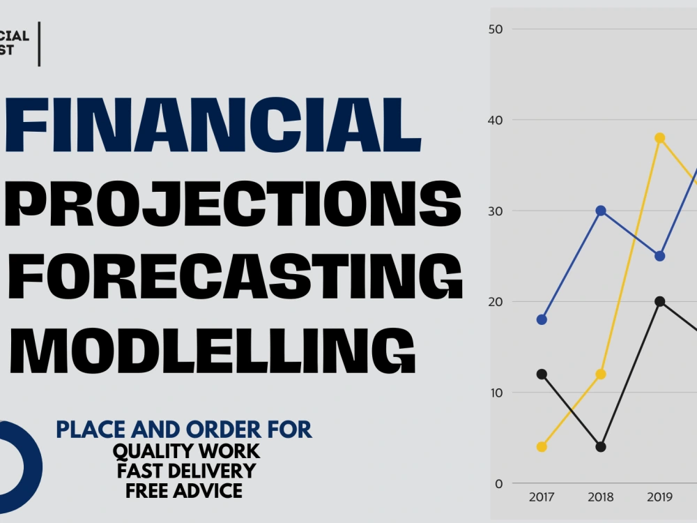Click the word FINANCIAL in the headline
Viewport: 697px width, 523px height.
(213, 126)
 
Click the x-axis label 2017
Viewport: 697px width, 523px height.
(542, 497)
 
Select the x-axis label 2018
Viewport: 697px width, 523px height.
(601, 497)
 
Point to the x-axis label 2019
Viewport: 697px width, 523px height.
(659, 497)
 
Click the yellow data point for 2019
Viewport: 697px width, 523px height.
(659, 138)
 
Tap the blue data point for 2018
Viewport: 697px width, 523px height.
(601, 211)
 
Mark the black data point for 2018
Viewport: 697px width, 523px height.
(601, 446)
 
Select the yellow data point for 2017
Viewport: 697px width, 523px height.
(542, 446)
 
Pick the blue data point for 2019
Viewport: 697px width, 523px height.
(659, 256)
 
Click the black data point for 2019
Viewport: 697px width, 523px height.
(659, 301)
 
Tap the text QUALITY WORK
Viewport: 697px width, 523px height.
(186, 451)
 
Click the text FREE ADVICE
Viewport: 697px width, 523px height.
(185, 490)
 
